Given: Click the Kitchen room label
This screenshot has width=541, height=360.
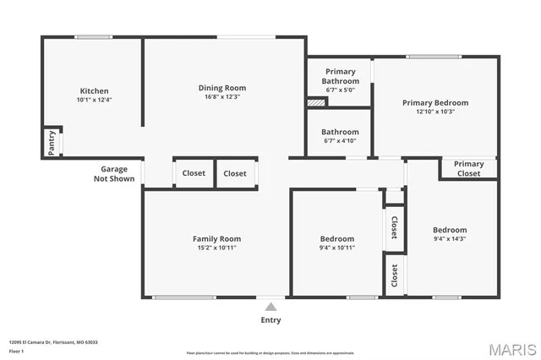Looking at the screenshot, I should click(94, 90).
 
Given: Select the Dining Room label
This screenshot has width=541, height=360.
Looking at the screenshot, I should click(222, 88).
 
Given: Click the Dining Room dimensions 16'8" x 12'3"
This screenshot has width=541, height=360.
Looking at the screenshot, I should click(222, 97).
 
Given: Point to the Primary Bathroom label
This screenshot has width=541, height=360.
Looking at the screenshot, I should click(340, 76).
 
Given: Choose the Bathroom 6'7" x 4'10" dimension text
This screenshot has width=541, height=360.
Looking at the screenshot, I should click(340, 141).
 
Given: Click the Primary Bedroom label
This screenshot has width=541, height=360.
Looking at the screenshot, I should click(434, 102).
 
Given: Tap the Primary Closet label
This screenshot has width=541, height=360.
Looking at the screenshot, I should click(468, 168).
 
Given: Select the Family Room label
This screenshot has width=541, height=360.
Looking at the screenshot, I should click(216, 238).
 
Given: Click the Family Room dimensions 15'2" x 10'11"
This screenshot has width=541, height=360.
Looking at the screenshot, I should click(216, 248).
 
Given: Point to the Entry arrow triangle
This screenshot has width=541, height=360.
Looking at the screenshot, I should click(270, 307).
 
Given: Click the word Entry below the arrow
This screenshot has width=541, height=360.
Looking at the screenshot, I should click(270, 320).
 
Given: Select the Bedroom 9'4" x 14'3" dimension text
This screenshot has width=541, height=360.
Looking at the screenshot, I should click(450, 239).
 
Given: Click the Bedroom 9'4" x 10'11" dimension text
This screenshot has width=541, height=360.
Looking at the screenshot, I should click(336, 248).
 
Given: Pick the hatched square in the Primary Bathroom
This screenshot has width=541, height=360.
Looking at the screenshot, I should click(316, 102).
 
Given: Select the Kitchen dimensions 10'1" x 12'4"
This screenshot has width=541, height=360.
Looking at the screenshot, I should click(94, 100).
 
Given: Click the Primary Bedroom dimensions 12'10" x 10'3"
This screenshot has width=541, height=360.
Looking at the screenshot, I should click(434, 112).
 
